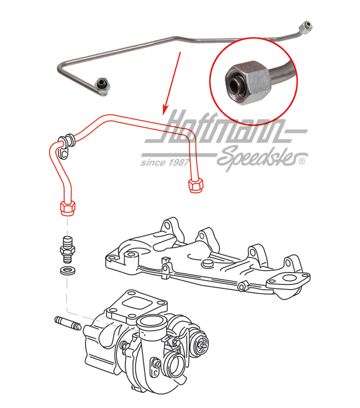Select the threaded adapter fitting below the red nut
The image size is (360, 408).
(66, 246)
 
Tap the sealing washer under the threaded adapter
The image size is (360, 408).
(66, 270)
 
